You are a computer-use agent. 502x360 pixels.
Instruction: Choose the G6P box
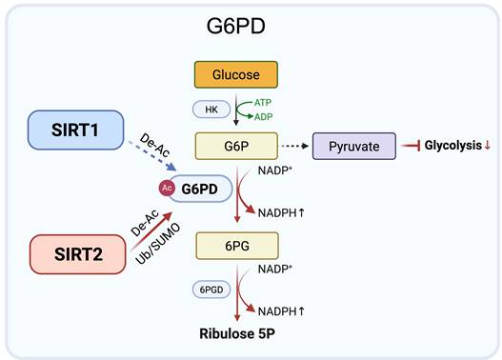coord(235,146)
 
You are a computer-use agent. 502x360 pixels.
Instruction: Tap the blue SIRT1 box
coord(71,128)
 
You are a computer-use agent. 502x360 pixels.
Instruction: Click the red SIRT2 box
coord(77,254)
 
